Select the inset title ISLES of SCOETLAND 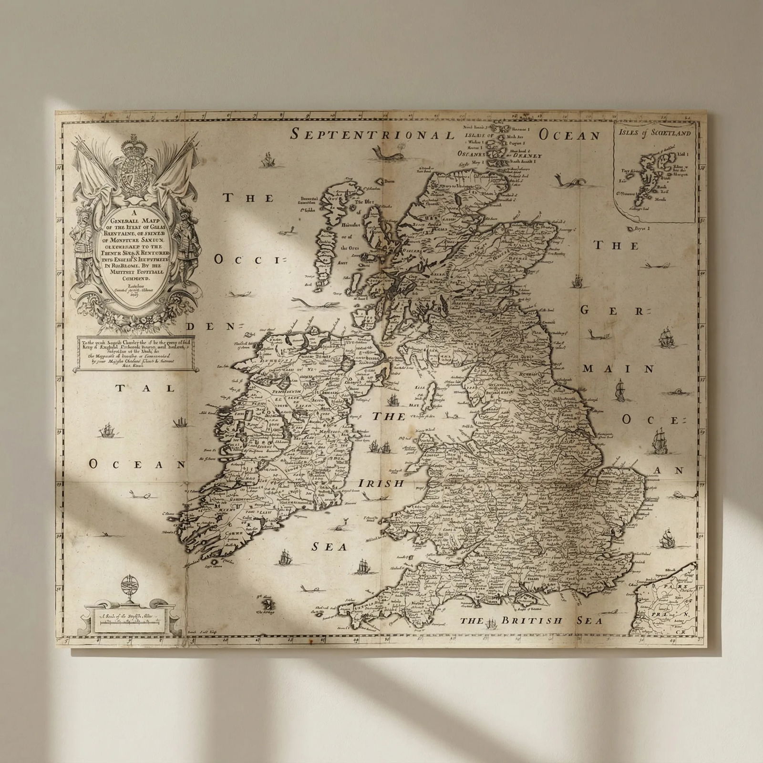[x=654, y=133]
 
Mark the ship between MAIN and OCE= [x=620, y=390]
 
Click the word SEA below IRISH [x=329, y=547]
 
